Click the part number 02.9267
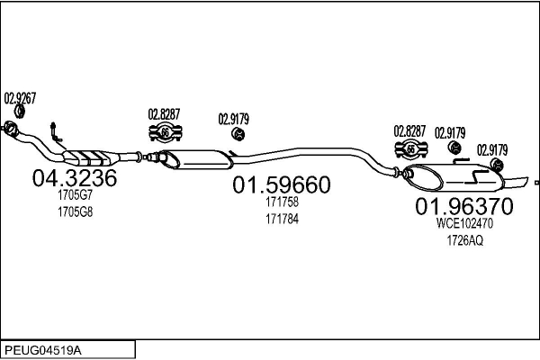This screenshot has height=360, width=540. coord(20,98)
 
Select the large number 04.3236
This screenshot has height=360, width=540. coord(75,178)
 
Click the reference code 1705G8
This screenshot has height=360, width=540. coord(75,211)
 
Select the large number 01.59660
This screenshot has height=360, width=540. coord(282,185)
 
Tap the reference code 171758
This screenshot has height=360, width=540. coord(282,202)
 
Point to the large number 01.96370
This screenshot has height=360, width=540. coord(463,207)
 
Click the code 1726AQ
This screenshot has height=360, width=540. coord(464,240)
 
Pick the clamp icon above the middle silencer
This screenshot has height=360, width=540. coord(166,134)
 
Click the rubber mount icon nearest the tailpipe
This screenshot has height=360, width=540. coord(493,165)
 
